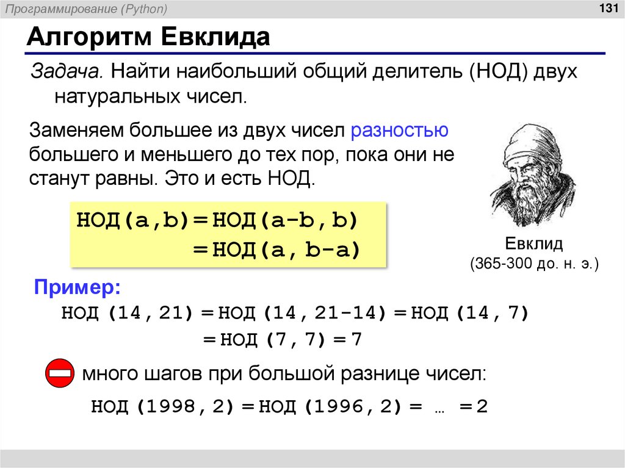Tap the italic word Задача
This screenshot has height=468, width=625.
(67, 73)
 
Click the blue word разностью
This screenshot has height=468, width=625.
(400, 131)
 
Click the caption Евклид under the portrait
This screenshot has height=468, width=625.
(533, 244)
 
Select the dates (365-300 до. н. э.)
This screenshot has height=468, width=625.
(533, 264)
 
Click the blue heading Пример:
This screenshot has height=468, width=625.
(77, 287)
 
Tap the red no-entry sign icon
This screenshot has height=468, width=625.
(60, 372)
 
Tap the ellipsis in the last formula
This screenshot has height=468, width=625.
(438, 408)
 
